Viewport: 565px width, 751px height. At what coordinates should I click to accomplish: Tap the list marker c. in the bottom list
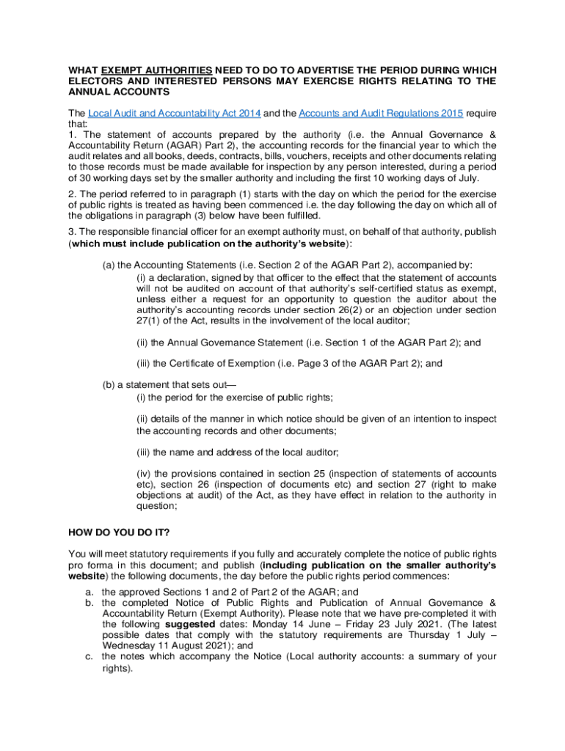point(87,656)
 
